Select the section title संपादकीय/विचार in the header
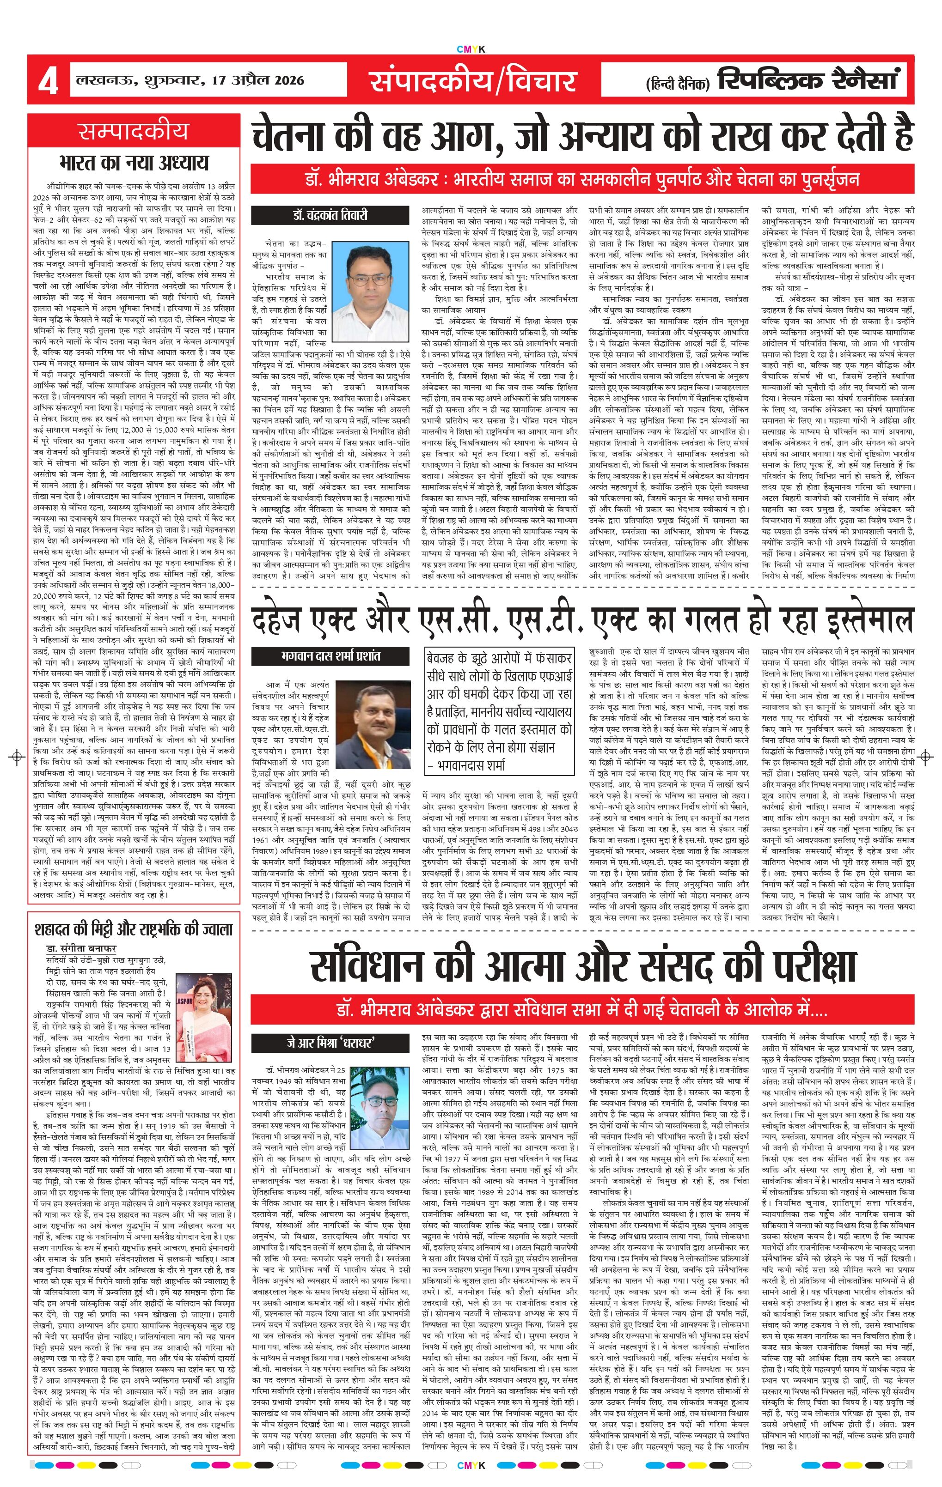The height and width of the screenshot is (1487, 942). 472,81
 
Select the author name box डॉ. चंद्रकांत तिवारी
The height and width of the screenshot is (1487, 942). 330,215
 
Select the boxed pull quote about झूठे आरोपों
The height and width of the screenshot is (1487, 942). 499,711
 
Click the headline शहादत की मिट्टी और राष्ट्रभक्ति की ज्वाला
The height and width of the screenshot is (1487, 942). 134,930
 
